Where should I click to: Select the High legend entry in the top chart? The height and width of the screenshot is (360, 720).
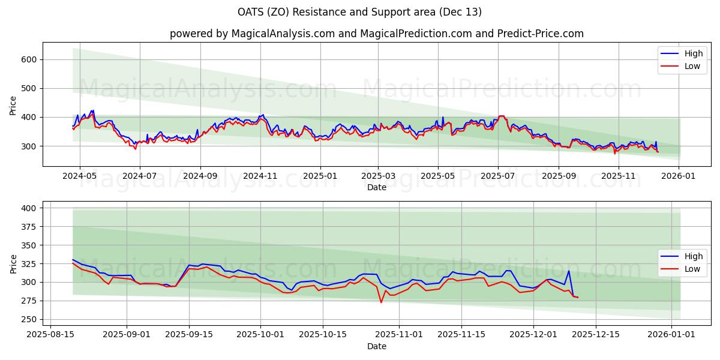(693, 53)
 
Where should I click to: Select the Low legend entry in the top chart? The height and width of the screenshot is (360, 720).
(692, 66)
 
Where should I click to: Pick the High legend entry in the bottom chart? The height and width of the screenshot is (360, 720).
(693, 256)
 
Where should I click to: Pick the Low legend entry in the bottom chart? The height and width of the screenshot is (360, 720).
(692, 269)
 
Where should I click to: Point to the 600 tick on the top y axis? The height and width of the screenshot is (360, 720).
(31, 59)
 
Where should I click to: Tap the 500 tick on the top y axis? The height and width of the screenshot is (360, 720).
(31, 88)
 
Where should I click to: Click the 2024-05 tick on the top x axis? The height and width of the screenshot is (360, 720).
(79, 176)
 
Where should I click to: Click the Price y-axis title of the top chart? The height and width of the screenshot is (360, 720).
(13, 105)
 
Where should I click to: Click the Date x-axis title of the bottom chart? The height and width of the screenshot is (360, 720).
(376, 346)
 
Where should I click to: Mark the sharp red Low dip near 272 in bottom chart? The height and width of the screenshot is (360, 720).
(381, 302)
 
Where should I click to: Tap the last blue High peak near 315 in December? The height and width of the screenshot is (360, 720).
(568, 271)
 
